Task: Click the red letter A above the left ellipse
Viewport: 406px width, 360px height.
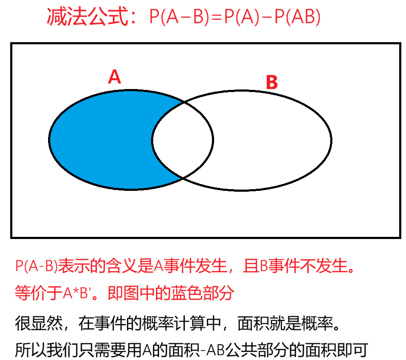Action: click(114, 77)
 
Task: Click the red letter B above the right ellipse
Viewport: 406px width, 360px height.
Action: click(272, 83)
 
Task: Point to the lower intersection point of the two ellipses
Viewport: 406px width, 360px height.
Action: click(183, 177)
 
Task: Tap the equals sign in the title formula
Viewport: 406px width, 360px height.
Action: click(217, 18)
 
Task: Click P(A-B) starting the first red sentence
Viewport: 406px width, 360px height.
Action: click(36, 267)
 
